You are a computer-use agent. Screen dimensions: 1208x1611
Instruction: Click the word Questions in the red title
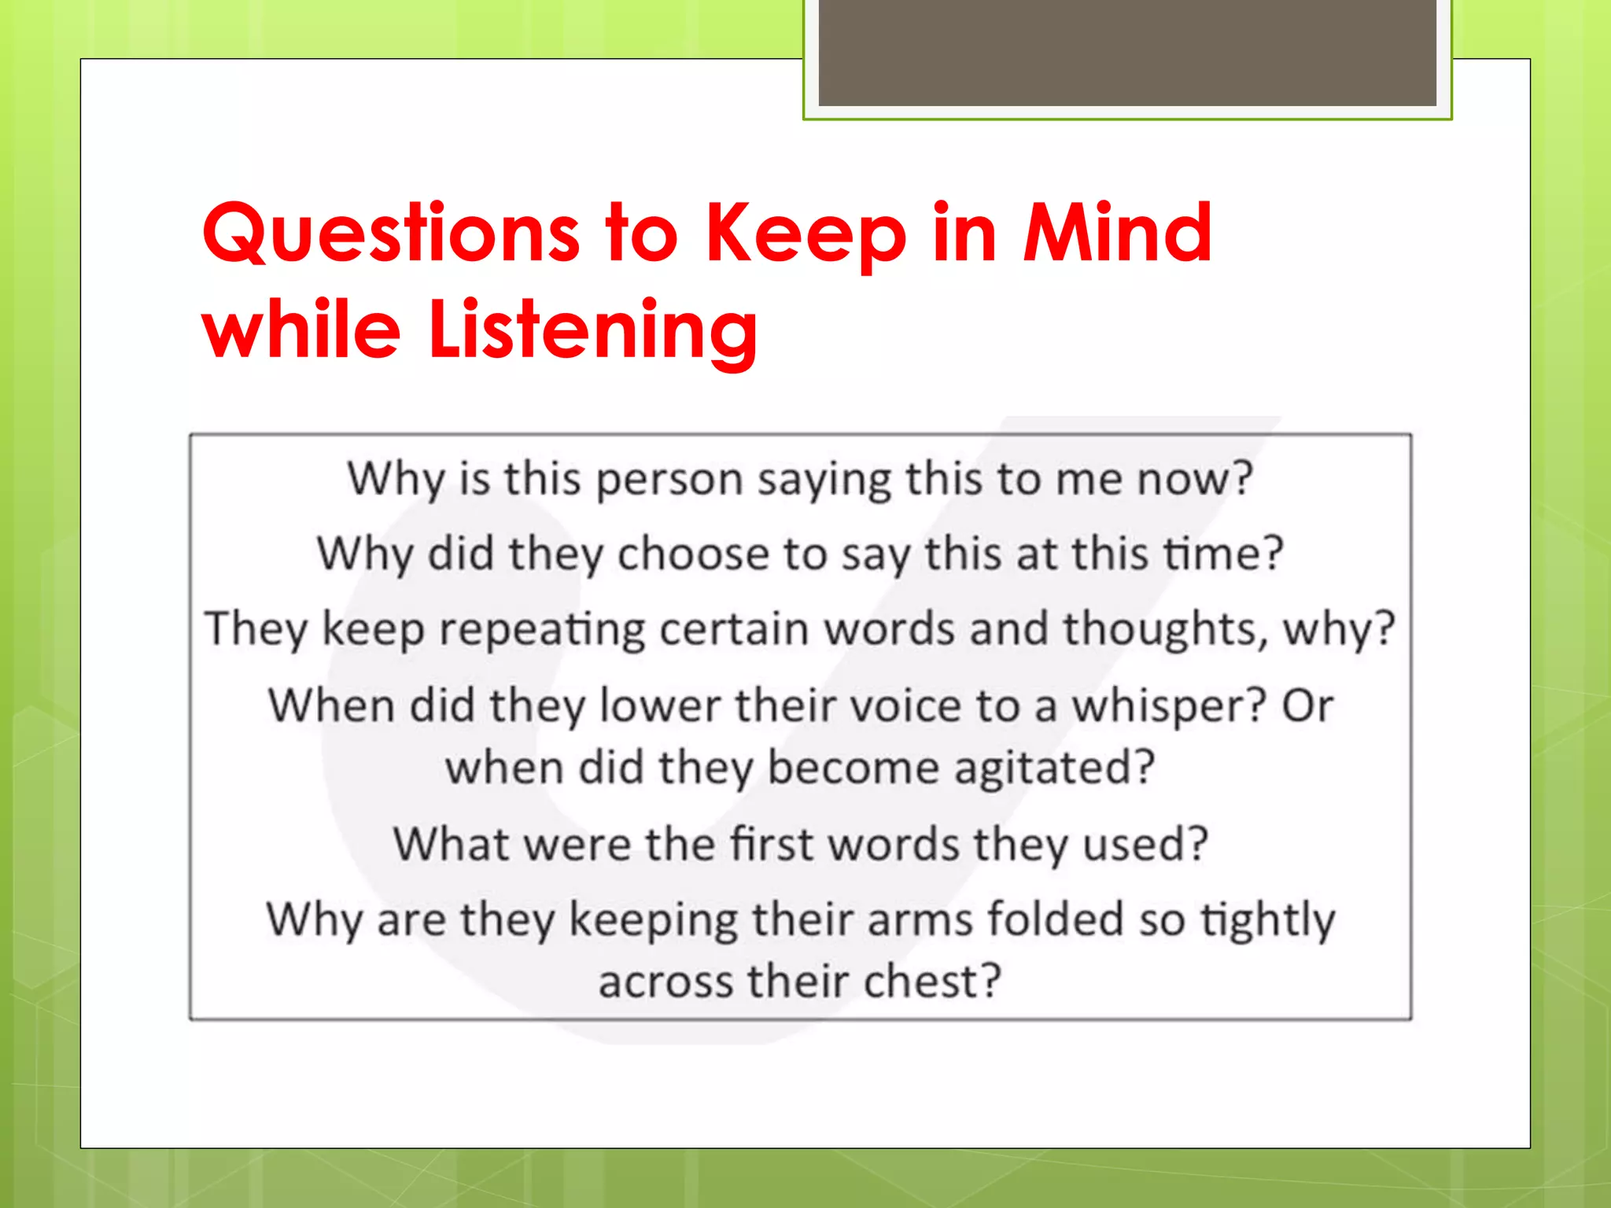(x=391, y=234)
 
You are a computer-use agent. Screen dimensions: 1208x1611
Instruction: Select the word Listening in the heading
(x=593, y=330)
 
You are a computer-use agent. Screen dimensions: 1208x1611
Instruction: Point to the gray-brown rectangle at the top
(x=1127, y=52)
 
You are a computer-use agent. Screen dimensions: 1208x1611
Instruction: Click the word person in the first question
(x=669, y=480)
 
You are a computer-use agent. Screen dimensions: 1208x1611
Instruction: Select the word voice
(x=848, y=705)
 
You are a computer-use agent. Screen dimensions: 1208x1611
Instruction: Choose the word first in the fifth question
(x=772, y=844)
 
